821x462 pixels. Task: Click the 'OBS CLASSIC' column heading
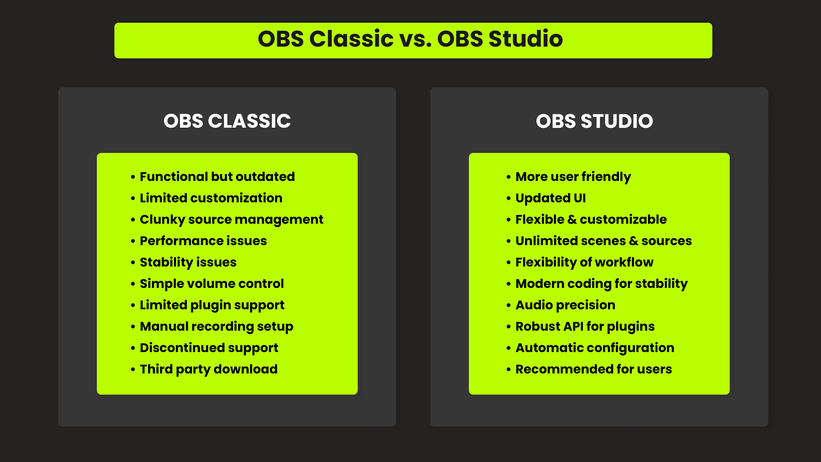point(227,121)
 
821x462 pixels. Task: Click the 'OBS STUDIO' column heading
point(594,121)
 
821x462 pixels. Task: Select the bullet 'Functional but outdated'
point(217,177)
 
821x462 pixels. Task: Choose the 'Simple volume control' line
point(212,284)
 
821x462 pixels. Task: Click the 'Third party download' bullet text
point(209,369)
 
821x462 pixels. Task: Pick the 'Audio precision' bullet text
point(565,305)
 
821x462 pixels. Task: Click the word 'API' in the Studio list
point(573,326)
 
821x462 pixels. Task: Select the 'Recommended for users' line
point(594,369)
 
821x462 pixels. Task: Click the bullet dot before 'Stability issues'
point(133,263)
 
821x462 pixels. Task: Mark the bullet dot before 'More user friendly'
point(509,177)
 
